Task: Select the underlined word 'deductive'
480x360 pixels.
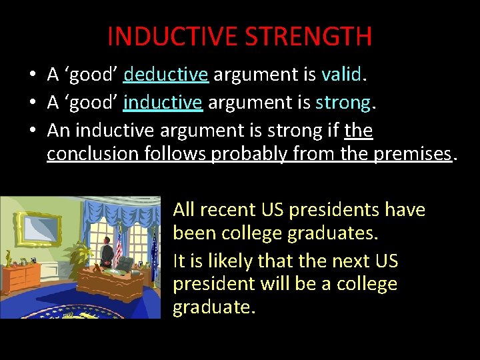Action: coord(166,75)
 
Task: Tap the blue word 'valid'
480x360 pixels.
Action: coord(340,75)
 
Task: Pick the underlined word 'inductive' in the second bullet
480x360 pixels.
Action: coord(163,103)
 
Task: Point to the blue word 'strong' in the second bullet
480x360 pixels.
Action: coord(343,103)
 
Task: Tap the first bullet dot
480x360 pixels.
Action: coord(32,75)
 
